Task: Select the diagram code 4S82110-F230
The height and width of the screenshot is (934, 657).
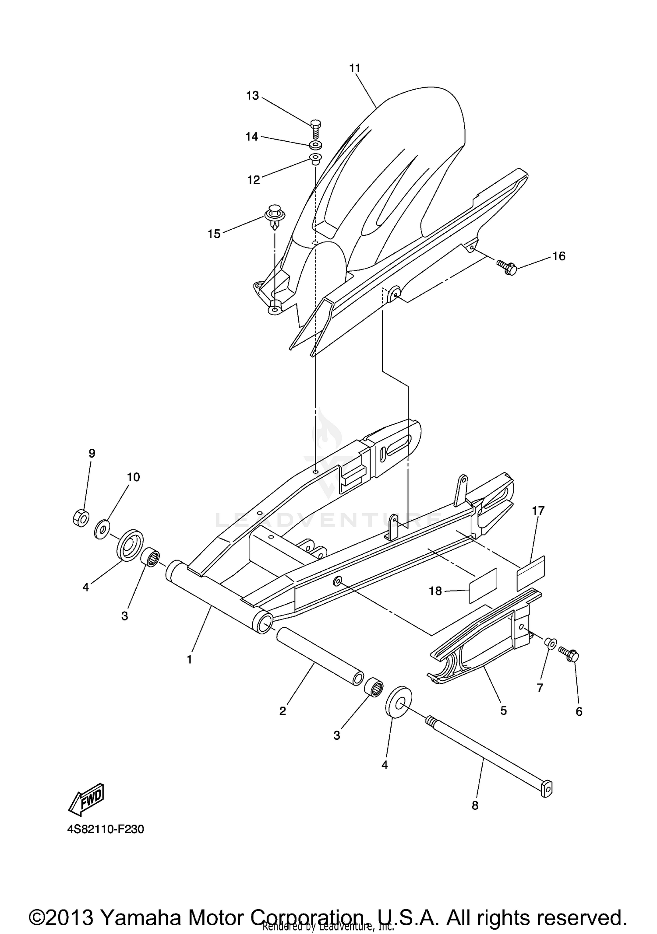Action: [x=105, y=829]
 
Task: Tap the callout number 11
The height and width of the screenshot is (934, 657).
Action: [x=355, y=68]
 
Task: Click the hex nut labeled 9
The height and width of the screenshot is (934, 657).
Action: [x=81, y=518]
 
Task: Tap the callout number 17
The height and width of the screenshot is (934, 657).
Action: [x=538, y=510]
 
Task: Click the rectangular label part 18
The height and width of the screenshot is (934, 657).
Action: [x=483, y=586]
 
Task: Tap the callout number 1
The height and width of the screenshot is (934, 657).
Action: [x=189, y=659]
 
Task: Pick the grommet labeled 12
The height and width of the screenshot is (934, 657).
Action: [x=315, y=158]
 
